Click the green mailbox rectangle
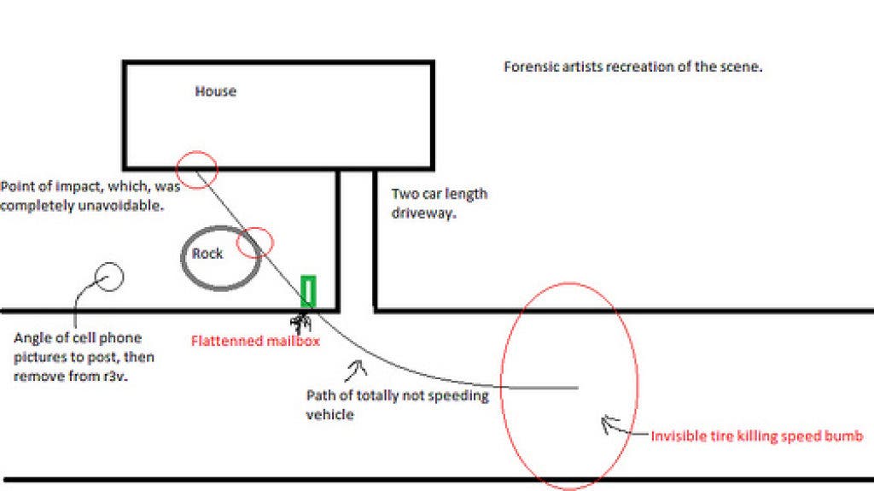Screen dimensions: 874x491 click(x=308, y=290)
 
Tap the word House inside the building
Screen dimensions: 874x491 click(x=216, y=91)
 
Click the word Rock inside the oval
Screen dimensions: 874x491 click(x=207, y=254)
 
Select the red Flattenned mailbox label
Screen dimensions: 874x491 click(x=255, y=341)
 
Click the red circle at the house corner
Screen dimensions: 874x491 click(x=196, y=151)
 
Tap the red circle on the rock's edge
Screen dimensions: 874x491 click(x=255, y=228)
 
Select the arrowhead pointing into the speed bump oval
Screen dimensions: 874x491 click(x=609, y=424)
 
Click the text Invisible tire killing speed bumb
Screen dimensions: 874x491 click(x=757, y=435)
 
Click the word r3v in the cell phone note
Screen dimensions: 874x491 click(x=115, y=377)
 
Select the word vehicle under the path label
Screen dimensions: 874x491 click(x=330, y=414)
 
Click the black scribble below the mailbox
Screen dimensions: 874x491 click(x=301, y=323)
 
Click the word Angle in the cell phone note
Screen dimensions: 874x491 click(x=31, y=338)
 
